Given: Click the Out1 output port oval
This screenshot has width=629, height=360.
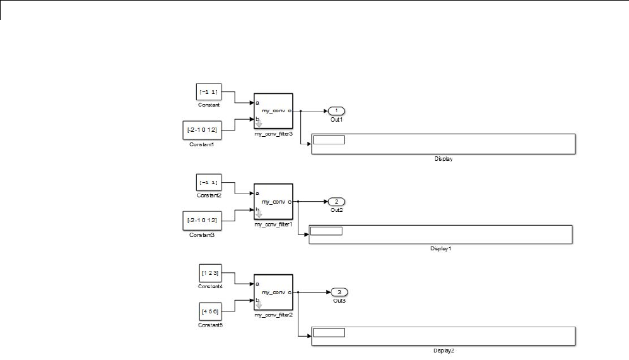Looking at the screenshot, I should coord(336,111).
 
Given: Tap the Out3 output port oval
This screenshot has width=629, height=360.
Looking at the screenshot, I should coord(339,292).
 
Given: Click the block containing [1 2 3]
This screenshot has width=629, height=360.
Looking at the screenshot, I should coord(209,274).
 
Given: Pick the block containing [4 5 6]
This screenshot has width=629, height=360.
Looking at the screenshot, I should coord(209,311).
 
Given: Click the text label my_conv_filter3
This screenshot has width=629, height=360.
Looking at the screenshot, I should coord(273,133).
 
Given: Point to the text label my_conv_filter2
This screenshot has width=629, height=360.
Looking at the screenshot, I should coord(273,314).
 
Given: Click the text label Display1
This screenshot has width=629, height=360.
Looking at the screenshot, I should coord(441,248).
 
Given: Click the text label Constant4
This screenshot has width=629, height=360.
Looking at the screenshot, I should coord(209,286).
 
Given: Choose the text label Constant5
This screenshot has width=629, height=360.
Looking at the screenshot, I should coord(209,325).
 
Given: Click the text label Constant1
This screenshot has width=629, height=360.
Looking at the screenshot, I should coord(202,144).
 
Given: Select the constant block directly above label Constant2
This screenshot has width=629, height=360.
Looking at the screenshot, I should coord(209,183).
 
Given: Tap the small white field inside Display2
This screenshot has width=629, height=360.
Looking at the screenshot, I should coord(329,333).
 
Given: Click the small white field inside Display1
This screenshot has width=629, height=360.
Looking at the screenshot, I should coord(326,231).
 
